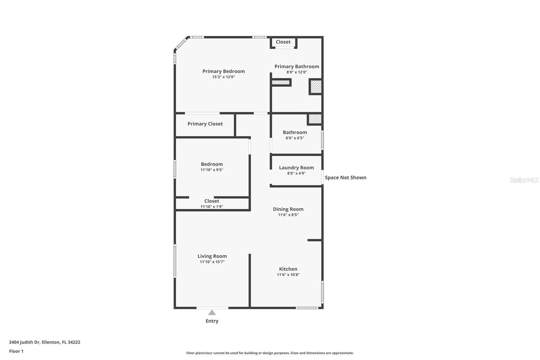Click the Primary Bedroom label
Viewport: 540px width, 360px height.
pyautogui.click(x=223, y=71)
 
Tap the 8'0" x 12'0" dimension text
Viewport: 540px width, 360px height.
pyautogui.click(x=297, y=72)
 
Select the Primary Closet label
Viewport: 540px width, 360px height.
pyautogui.click(x=205, y=124)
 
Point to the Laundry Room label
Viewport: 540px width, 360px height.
pyautogui.click(x=296, y=168)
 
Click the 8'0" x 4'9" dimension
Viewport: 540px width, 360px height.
pyautogui.click(x=296, y=173)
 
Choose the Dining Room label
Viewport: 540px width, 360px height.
pyautogui.click(x=288, y=209)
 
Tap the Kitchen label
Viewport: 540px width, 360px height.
pyautogui.click(x=288, y=269)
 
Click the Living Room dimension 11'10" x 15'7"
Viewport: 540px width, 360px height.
pyautogui.click(x=212, y=262)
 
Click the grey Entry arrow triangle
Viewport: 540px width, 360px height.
pyautogui.click(x=212, y=313)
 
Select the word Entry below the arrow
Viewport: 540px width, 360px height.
pyautogui.click(x=212, y=321)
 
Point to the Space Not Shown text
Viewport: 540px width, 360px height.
pyautogui.click(x=346, y=178)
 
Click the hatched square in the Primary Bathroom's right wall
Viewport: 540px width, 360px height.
pyautogui.click(x=316, y=86)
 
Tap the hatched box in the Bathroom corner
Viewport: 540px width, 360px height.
pyautogui.click(x=315, y=119)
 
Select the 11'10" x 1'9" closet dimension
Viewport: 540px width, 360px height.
pyautogui.click(x=212, y=207)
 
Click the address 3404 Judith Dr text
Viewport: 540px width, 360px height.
pyautogui.click(x=24, y=342)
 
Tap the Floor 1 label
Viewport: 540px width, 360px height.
pyautogui.click(x=16, y=351)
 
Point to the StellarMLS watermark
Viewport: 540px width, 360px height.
pyautogui.click(x=524, y=180)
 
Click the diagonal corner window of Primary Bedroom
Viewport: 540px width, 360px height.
pyautogui.click(x=181, y=44)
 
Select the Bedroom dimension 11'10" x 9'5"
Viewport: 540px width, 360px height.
pyautogui.click(x=212, y=170)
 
